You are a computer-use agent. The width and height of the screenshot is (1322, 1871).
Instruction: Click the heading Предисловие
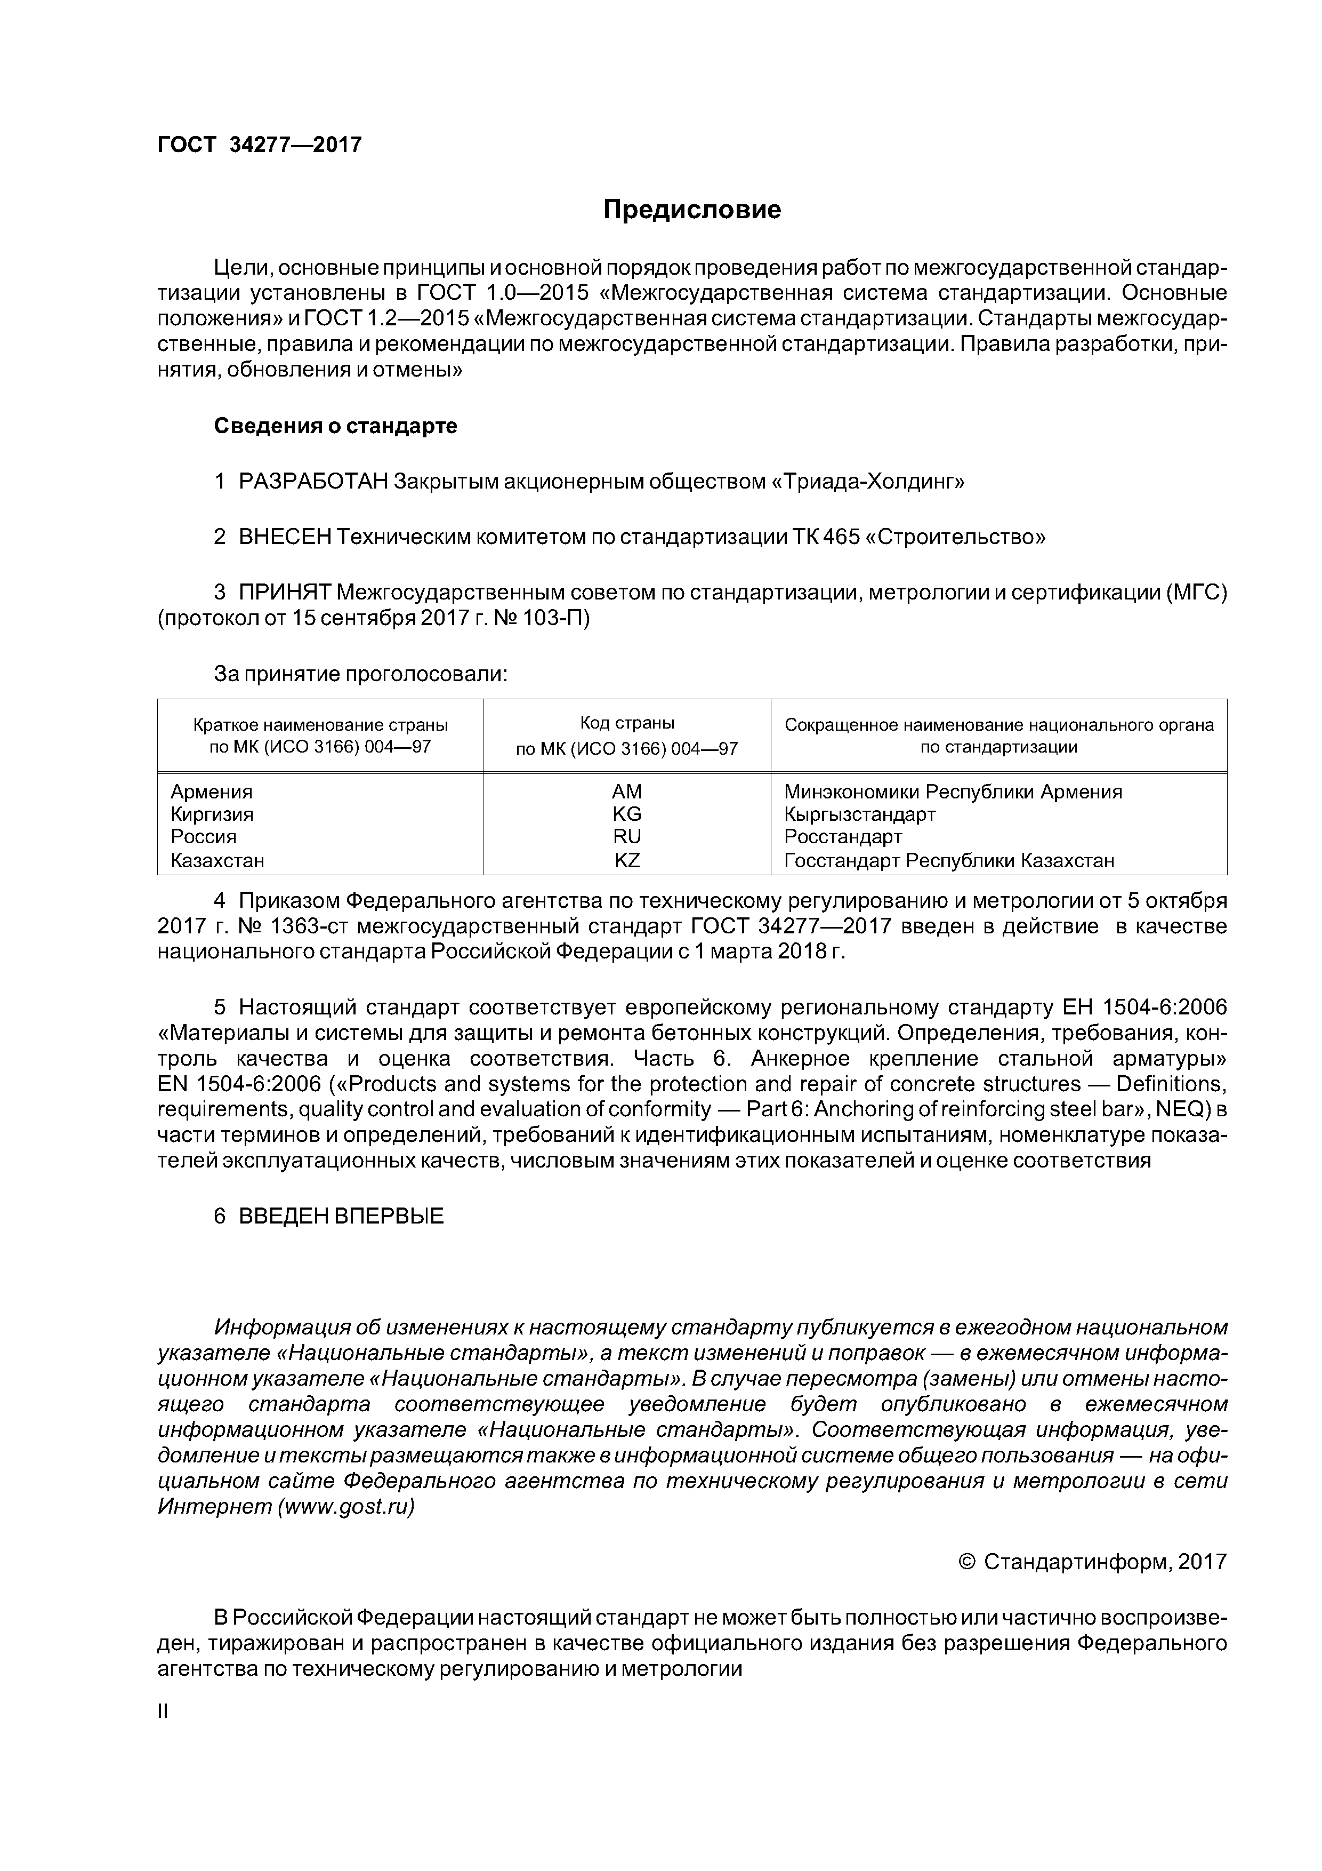(691, 210)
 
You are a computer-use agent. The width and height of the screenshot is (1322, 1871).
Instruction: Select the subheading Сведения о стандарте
(335, 426)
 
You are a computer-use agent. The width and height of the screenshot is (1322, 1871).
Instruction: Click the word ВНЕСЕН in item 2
(285, 537)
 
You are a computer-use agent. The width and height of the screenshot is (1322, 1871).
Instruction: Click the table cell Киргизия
(212, 814)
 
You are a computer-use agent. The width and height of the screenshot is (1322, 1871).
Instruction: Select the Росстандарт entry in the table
(843, 837)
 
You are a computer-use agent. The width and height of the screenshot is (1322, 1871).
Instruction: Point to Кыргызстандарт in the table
(859, 814)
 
